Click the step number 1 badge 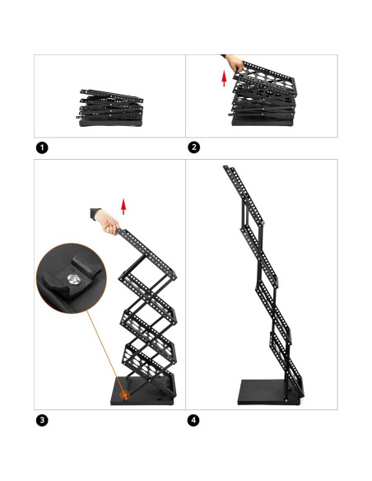point(42,147)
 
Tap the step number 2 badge point(194,147)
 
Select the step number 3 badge point(42,420)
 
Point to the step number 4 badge point(194,420)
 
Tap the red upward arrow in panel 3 point(123,205)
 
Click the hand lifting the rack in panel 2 point(235,63)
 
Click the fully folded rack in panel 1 point(110,110)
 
